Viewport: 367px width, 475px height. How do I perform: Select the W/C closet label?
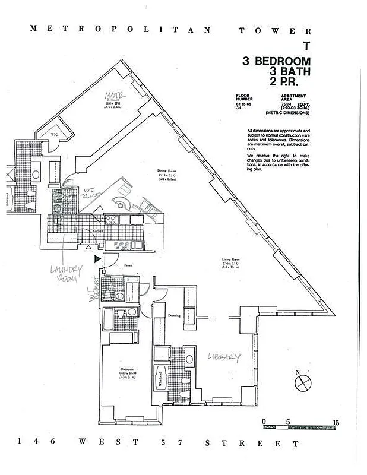pos(54,135)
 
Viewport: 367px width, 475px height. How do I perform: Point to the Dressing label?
pos(174,315)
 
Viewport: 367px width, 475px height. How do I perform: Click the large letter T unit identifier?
pos(306,46)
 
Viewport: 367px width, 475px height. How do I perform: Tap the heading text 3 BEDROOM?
pos(276,61)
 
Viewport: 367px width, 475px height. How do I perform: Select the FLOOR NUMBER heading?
pos(243,98)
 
